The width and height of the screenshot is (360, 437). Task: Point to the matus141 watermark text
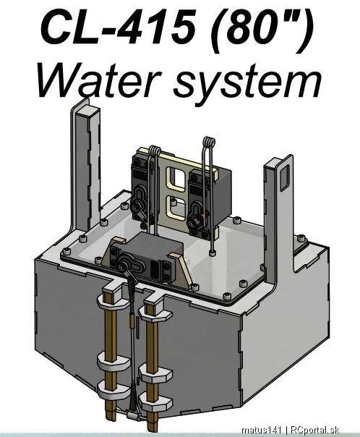pos(262,430)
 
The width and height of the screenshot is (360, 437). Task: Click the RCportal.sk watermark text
pos(314,430)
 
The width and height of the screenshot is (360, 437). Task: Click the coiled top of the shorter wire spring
pos(155,150)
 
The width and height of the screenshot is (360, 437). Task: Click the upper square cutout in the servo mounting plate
pos(176,179)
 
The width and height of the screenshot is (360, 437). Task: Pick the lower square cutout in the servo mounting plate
pos(175,207)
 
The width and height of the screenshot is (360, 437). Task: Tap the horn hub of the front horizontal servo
pos(122,267)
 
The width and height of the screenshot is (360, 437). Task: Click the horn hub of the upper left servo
pos(136,208)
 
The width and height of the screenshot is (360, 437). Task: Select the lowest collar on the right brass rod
pos(155,402)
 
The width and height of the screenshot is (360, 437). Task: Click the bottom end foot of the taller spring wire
pos(212,253)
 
